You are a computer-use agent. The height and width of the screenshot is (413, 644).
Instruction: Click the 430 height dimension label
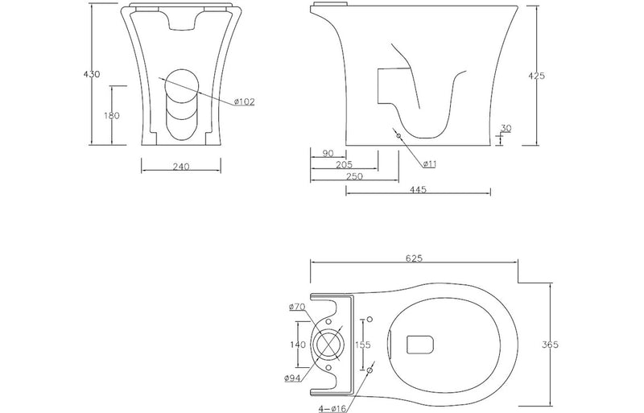(92, 74)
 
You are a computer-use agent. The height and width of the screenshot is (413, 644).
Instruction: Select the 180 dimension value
(112, 116)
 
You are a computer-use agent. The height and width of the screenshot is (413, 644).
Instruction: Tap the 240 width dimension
(180, 167)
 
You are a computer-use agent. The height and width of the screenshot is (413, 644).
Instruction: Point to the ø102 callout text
(245, 101)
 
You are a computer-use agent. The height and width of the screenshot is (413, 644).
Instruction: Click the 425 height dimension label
(536, 76)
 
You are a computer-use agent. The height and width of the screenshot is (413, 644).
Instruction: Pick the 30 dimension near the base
(505, 128)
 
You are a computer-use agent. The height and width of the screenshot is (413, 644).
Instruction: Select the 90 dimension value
(328, 153)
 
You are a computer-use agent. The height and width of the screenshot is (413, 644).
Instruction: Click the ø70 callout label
(295, 307)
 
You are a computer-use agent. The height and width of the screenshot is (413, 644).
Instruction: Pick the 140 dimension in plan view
(297, 344)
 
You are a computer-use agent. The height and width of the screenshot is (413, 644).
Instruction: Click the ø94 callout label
(294, 378)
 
